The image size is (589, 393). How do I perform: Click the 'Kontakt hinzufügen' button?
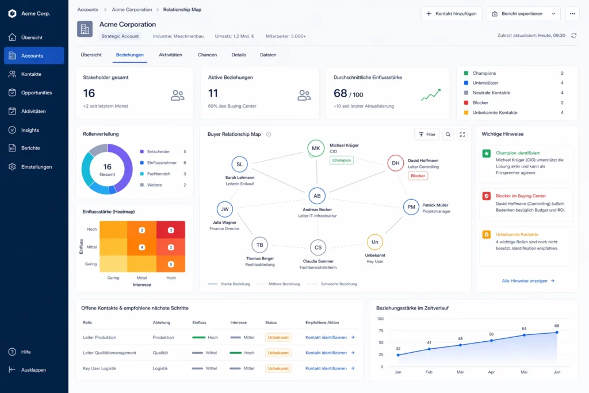(x=452, y=14)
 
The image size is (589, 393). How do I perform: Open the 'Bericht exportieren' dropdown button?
(x=523, y=14)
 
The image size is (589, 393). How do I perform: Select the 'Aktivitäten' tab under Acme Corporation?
(x=170, y=55)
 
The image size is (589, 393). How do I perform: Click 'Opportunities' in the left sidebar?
(x=36, y=93)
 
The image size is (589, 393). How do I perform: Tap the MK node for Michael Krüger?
(x=316, y=148)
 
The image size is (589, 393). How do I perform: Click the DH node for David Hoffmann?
(x=396, y=163)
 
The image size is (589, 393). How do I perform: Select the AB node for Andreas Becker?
(x=317, y=196)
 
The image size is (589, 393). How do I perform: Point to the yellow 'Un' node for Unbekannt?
(x=374, y=242)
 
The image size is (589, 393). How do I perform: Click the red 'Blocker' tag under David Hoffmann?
(x=418, y=176)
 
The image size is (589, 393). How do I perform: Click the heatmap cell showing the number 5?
(x=171, y=264)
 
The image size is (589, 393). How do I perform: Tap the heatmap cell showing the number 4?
(x=142, y=247)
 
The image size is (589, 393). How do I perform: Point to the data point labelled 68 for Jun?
(x=556, y=332)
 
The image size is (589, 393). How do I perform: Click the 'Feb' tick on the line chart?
(x=429, y=373)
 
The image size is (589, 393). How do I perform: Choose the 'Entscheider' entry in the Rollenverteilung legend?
(x=159, y=151)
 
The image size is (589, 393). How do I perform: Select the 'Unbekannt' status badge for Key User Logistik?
(x=278, y=368)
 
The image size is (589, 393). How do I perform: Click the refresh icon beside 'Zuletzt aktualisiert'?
(x=573, y=36)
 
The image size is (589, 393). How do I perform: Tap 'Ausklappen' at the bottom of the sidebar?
(x=33, y=370)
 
